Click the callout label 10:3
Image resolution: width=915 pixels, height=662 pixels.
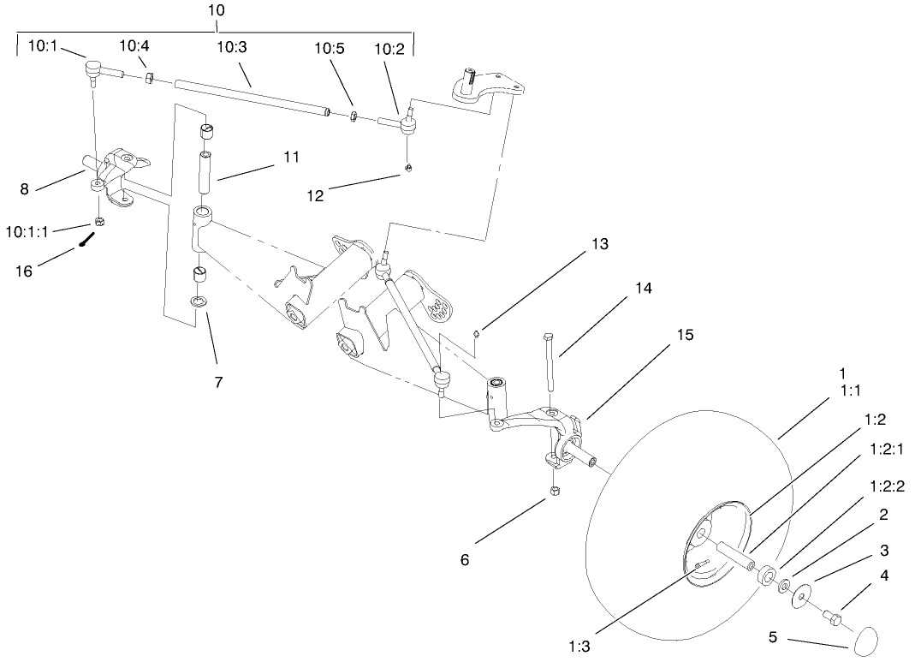(x=232, y=46)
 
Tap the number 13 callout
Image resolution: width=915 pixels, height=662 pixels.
(x=599, y=244)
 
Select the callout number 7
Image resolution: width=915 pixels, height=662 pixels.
(x=218, y=382)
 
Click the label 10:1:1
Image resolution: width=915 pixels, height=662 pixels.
(x=27, y=230)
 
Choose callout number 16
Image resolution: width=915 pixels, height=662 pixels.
(x=25, y=270)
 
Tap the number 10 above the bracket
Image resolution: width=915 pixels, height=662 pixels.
(x=216, y=10)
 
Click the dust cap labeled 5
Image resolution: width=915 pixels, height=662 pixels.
(x=867, y=640)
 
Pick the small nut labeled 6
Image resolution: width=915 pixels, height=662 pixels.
(x=554, y=492)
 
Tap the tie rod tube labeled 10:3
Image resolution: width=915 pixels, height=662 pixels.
(x=253, y=97)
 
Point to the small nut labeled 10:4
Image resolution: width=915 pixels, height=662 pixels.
(x=148, y=79)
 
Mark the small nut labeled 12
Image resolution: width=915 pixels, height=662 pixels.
(x=409, y=166)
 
